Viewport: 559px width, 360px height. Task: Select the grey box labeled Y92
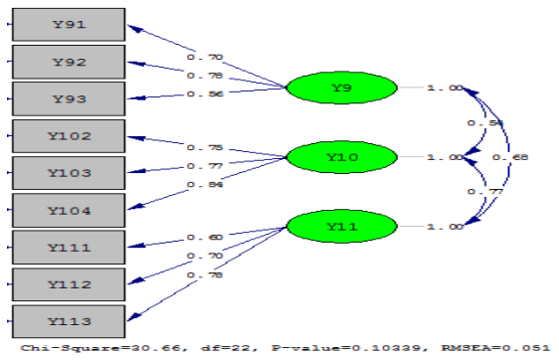pos(68,63)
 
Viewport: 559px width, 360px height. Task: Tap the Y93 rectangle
pos(68,97)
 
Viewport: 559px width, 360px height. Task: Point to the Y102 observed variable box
pos(68,136)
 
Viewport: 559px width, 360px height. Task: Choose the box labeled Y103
pos(68,173)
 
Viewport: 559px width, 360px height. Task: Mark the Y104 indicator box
pos(68,210)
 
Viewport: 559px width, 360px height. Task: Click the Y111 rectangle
pos(68,247)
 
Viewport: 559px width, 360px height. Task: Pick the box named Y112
pos(68,283)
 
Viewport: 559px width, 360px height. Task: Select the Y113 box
pos(68,320)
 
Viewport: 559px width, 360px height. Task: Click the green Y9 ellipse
pos(341,89)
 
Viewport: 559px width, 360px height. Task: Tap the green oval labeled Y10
pos(341,157)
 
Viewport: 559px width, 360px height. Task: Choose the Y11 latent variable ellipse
pos(341,227)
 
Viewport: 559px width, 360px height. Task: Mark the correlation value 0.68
pos(517,158)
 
